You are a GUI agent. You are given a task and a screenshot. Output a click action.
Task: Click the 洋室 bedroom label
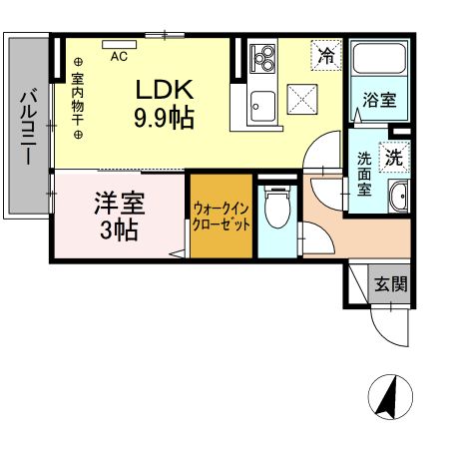(120, 204)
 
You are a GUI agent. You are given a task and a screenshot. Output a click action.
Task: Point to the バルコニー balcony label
(28, 128)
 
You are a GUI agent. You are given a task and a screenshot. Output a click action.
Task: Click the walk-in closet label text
(222, 217)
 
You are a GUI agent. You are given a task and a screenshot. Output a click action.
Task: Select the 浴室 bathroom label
(379, 100)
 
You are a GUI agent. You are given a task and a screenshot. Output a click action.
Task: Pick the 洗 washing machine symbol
(395, 157)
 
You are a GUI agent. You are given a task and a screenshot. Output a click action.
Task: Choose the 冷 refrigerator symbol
(324, 56)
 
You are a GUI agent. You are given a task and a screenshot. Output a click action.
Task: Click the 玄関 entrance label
(390, 283)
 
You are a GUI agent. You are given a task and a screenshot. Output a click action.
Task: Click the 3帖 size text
(120, 229)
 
